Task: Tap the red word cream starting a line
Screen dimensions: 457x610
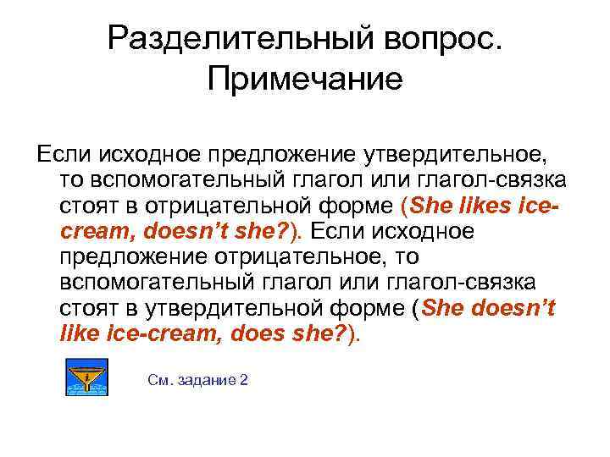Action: (93, 232)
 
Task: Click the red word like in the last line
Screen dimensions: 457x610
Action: (79, 333)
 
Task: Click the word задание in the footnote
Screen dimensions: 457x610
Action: (208, 380)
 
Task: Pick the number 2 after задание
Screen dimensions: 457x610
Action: (244, 380)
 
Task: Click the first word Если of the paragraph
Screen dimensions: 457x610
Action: (57, 156)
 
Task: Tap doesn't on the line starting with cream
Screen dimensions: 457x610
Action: (187, 232)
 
